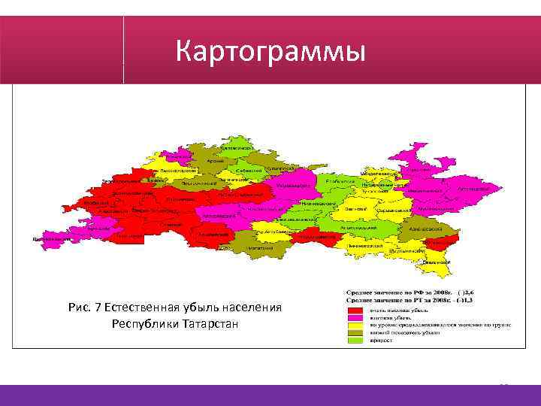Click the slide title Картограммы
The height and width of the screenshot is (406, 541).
270,52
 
